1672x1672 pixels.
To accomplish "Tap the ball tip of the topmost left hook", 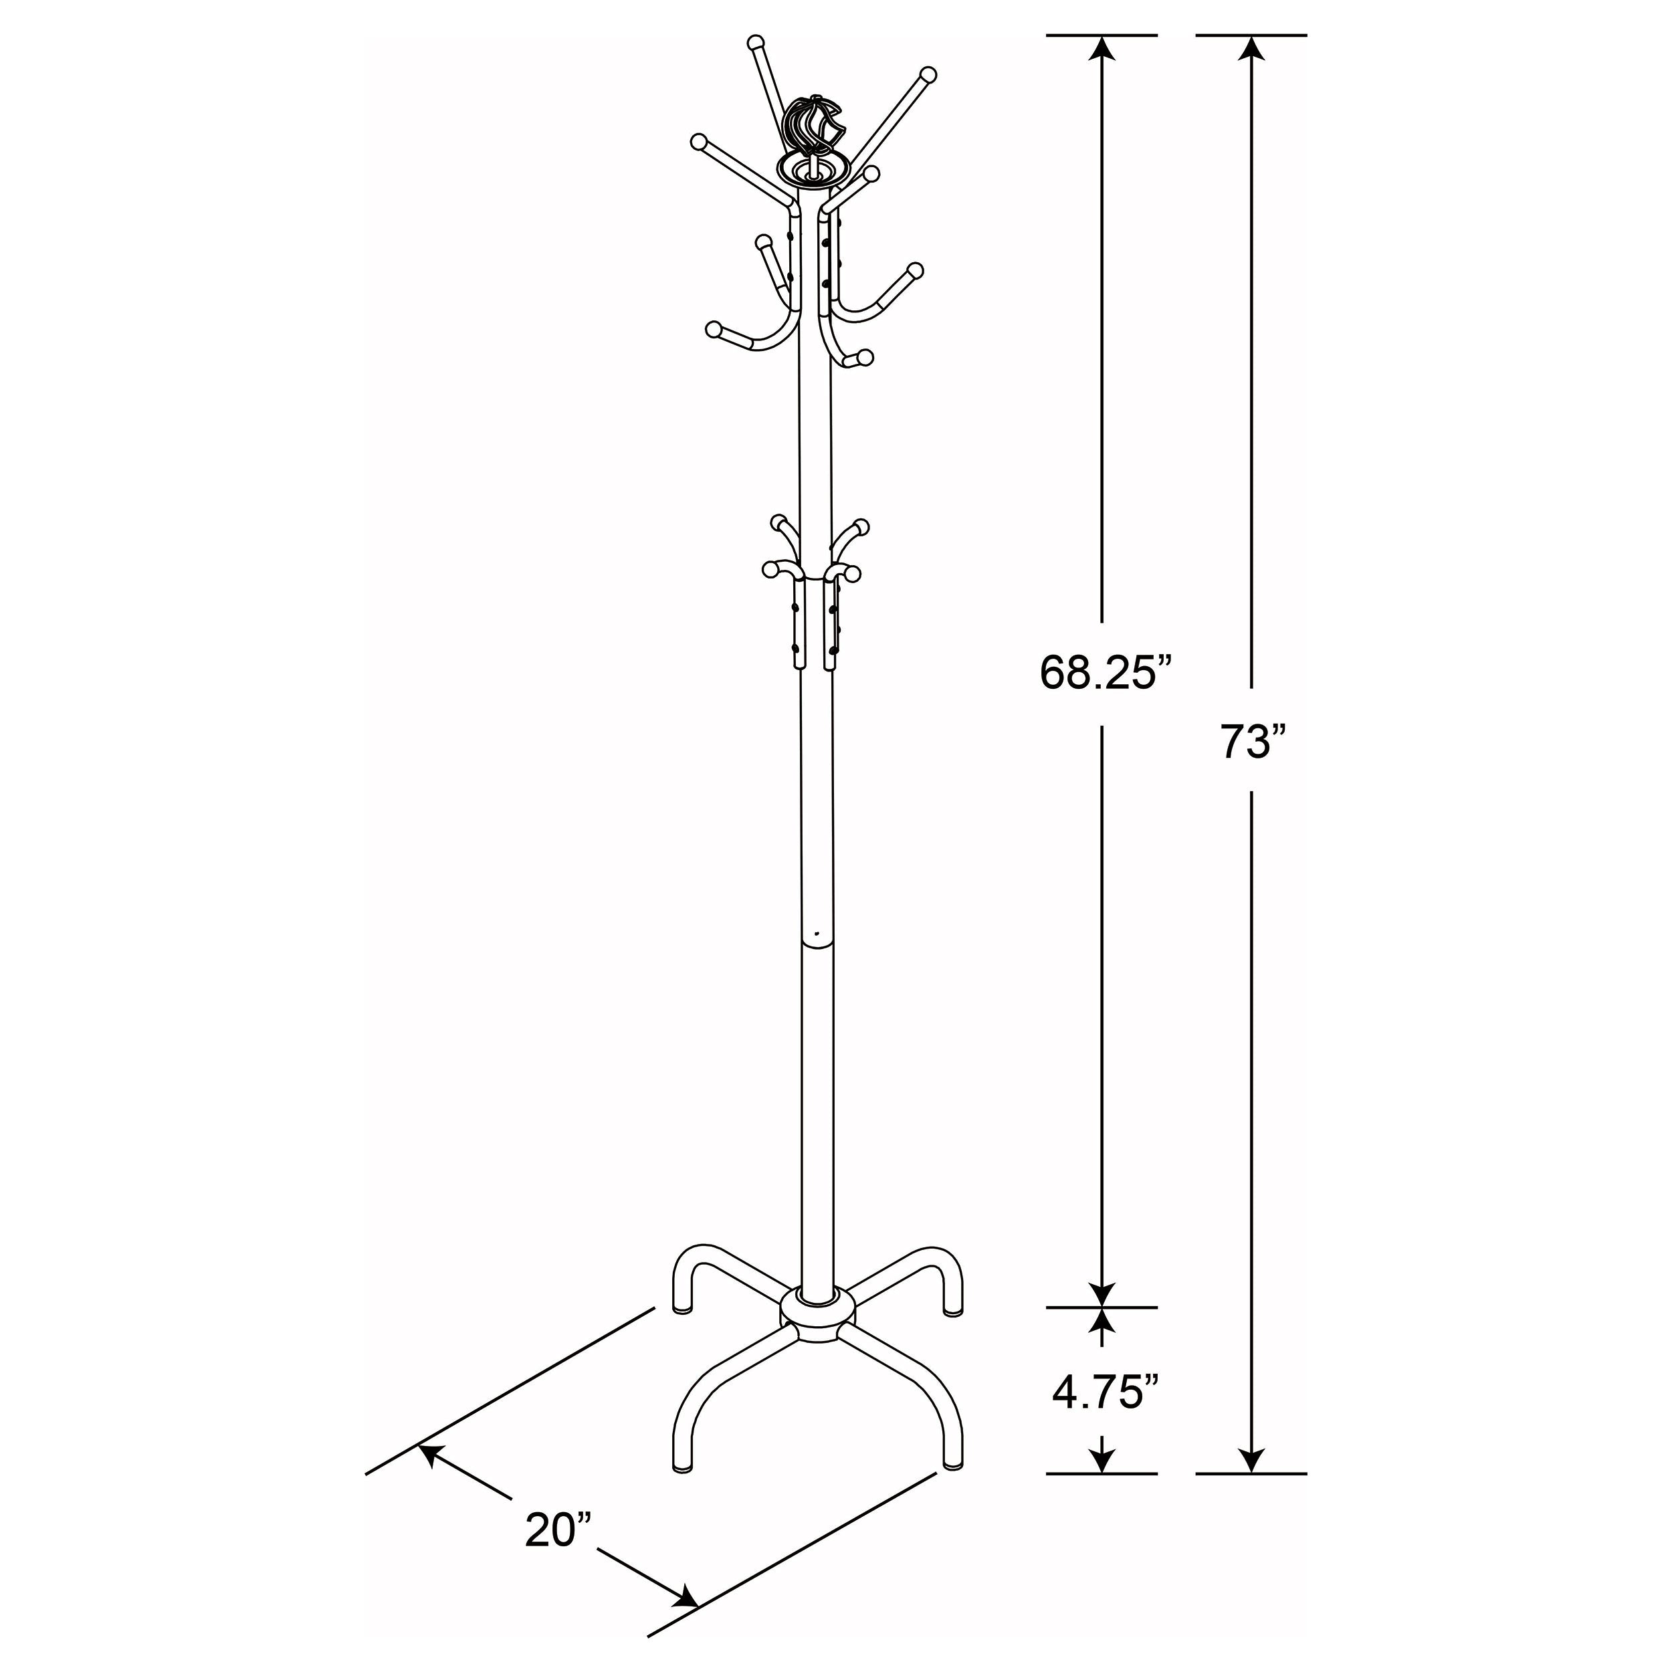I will (756, 41).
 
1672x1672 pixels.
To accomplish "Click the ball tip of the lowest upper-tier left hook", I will (714, 329).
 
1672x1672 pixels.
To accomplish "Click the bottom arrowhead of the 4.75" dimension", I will (1101, 1461).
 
